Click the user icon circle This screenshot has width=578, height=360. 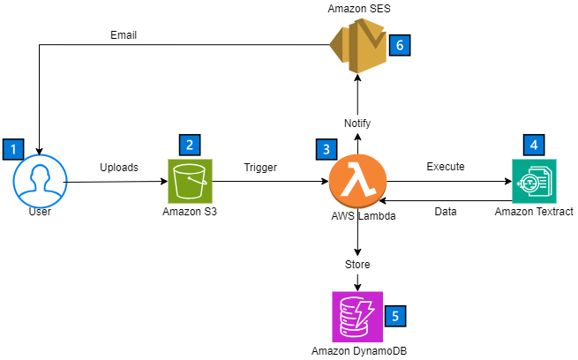click(x=38, y=181)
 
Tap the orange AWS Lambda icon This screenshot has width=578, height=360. click(x=357, y=181)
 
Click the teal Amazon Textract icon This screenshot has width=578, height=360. click(x=534, y=181)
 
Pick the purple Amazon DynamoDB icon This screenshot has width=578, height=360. click(x=357, y=317)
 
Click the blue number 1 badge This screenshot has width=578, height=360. click(x=13, y=149)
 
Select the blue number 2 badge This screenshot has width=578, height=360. click(x=190, y=145)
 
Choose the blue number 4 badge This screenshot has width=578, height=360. click(x=533, y=145)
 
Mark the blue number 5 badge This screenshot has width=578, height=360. click(x=396, y=314)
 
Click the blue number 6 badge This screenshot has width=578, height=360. click(x=400, y=45)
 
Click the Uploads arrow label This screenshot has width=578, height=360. click(x=118, y=166)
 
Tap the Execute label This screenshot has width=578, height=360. click(x=446, y=166)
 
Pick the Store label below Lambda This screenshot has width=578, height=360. click(x=357, y=264)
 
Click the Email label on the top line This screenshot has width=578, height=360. click(x=123, y=35)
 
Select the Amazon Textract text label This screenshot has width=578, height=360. click(x=534, y=213)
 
